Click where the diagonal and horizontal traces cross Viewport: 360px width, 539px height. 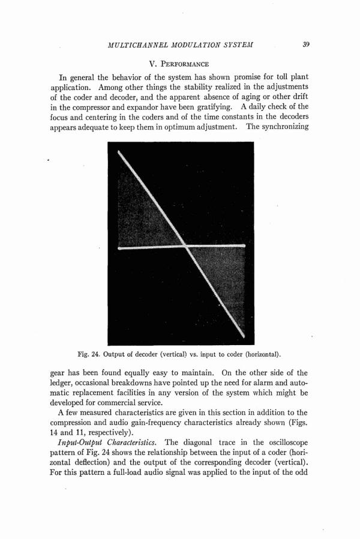pos(185,246)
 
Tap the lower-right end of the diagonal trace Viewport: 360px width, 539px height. pos(242,335)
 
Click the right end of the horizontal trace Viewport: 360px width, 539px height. pos(245,246)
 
